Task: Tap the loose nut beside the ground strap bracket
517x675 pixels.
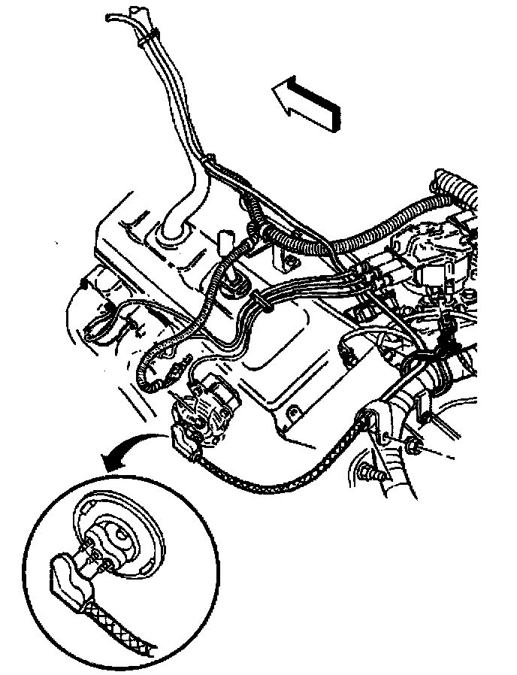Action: (x=413, y=449)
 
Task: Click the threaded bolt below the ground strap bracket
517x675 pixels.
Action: (x=372, y=474)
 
